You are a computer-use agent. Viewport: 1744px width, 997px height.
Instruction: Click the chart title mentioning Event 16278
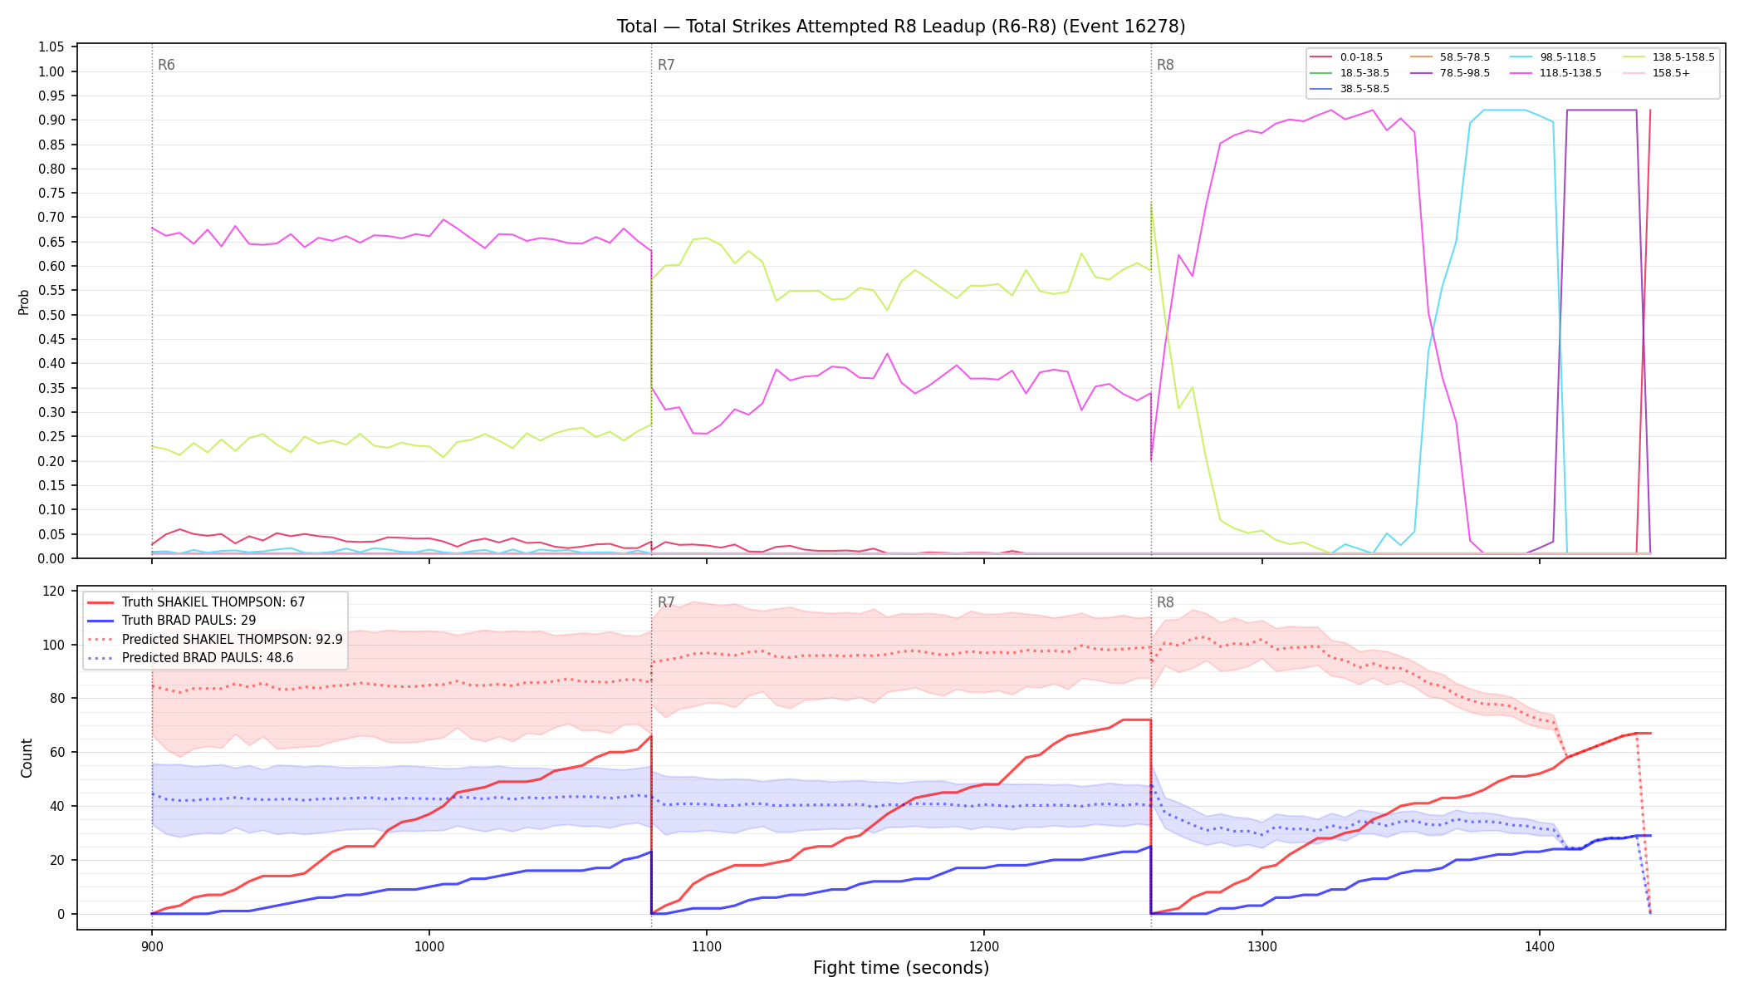coord(901,27)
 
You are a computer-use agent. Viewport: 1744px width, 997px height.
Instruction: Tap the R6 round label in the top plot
coord(166,65)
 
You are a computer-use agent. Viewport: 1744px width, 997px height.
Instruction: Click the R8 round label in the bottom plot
coord(1165,602)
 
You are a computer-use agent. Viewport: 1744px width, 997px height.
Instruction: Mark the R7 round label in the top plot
coord(666,65)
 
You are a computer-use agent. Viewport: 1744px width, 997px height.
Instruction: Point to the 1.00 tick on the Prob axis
coord(51,71)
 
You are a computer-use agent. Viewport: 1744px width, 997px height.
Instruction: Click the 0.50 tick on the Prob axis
coord(51,315)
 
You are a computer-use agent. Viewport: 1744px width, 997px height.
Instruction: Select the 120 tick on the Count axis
coord(54,591)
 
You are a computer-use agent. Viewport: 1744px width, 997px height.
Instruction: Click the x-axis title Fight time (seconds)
coord(901,968)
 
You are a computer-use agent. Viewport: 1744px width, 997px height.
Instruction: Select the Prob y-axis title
coord(24,302)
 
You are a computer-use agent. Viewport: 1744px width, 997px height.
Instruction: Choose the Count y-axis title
coord(27,758)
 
